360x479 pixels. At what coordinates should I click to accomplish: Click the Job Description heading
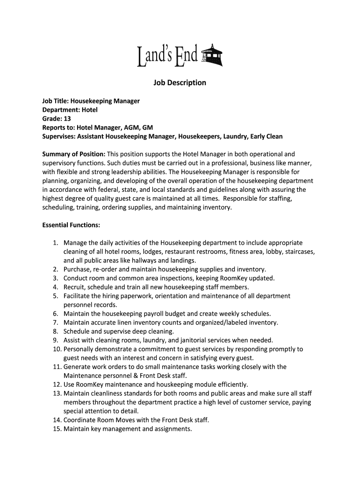(x=180, y=83)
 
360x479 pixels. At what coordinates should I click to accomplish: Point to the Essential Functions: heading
(x=71, y=225)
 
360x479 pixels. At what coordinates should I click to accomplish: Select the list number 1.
(x=55, y=243)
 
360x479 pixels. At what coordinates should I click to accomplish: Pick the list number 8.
(x=55, y=332)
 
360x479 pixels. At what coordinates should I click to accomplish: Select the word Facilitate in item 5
(x=78, y=296)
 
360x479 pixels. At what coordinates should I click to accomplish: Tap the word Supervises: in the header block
(x=59, y=137)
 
